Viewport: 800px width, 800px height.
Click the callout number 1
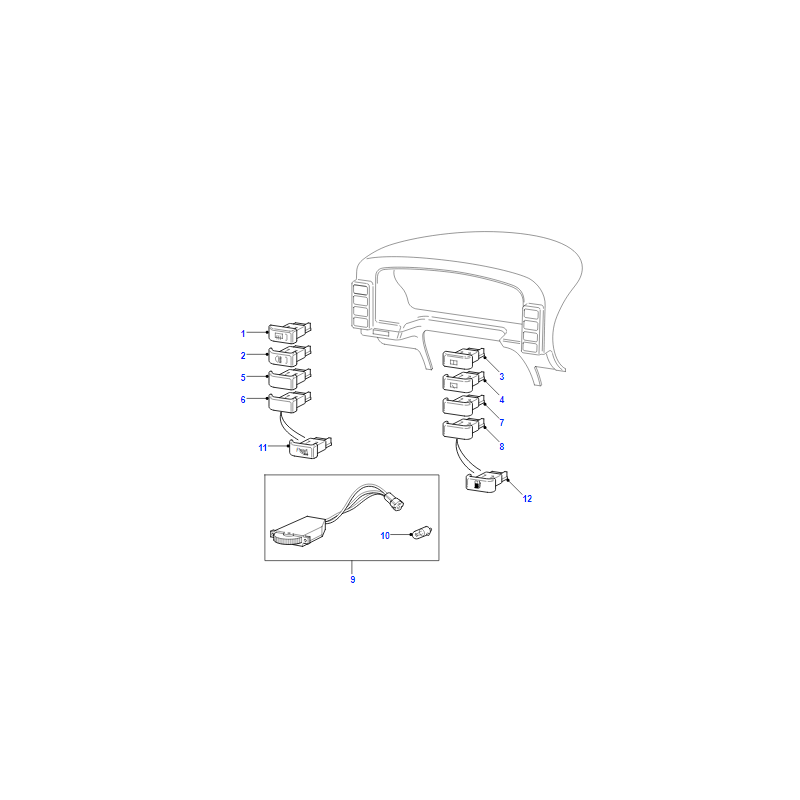click(x=243, y=334)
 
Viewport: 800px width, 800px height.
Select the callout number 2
click(x=243, y=356)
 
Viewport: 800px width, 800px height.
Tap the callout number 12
click(x=527, y=498)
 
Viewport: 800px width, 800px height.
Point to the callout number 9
click(x=353, y=580)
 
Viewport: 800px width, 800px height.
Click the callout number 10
click(x=385, y=535)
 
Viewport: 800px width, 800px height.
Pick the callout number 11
click(x=263, y=447)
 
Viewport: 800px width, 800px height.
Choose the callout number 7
click(x=502, y=422)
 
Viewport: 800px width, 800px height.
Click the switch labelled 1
click(x=290, y=332)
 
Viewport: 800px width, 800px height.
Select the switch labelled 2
click(x=290, y=355)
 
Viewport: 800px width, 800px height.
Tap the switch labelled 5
click(x=290, y=378)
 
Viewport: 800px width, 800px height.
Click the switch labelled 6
click(x=290, y=401)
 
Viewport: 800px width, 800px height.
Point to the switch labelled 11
click(x=310, y=447)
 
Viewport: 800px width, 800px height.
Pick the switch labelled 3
click(x=463, y=357)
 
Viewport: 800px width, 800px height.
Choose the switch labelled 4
click(x=463, y=381)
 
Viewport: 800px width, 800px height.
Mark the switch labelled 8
click(x=463, y=428)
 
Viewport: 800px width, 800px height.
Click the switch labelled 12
click(x=487, y=481)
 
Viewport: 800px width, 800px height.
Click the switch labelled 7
click(x=463, y=405)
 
